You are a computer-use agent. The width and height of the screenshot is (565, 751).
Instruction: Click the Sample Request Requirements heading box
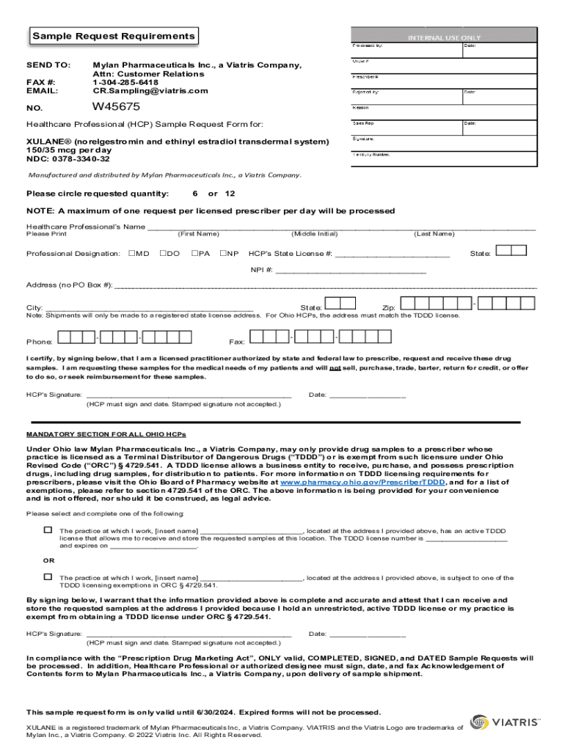113,36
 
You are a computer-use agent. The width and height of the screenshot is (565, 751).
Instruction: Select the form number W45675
117,107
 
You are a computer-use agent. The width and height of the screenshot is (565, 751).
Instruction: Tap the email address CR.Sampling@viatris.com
150,91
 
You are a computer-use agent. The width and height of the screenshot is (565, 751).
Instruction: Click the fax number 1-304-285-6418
126,82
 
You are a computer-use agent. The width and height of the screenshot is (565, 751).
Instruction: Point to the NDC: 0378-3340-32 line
68,158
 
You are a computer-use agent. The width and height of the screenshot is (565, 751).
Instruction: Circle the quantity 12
230,194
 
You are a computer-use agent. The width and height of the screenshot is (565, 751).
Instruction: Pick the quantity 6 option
195,194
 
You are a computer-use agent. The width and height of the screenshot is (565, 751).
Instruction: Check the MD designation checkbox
131,254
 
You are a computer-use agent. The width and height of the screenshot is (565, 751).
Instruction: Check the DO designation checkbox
163,254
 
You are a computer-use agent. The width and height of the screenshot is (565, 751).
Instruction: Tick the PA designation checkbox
194,254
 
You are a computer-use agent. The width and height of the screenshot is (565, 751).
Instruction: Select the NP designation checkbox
223,254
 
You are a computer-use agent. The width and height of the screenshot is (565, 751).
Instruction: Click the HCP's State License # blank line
392,254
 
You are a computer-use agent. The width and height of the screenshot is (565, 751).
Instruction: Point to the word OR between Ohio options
48,560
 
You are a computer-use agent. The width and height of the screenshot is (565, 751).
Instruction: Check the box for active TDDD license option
48,530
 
